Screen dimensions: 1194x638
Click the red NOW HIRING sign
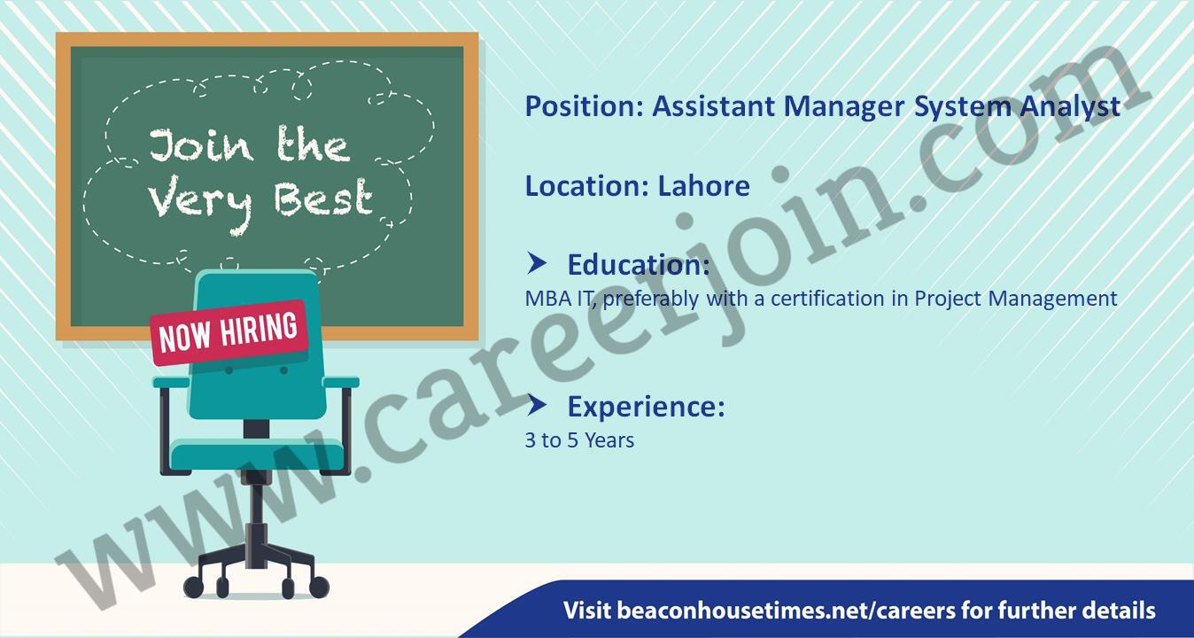[229, 333]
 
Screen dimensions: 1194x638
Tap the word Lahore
[703, 186]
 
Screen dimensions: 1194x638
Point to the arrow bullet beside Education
[537, 263]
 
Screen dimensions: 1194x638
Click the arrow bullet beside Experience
[537, 406]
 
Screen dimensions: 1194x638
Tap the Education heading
[639, 265]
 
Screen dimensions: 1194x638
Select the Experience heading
[646, 407]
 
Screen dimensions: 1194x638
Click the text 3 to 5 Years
[579, 440]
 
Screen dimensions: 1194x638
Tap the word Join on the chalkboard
[200, 145]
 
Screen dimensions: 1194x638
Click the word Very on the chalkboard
[200, 203]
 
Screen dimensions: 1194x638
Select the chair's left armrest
[171, 383]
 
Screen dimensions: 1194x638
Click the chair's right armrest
[341, 382]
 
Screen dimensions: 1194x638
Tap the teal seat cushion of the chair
[258, 455]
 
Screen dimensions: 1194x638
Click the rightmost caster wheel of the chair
[319, 587]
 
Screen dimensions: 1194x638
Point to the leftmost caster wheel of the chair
[193, 587]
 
